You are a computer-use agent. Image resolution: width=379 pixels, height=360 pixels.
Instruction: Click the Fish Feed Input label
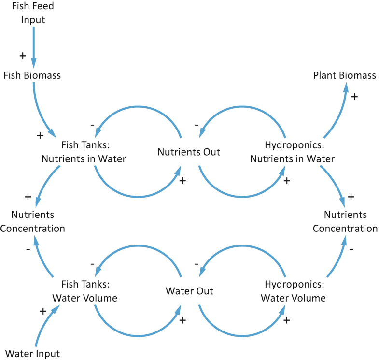point(33,13)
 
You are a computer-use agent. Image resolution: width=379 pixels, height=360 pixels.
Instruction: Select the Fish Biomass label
point(32,75)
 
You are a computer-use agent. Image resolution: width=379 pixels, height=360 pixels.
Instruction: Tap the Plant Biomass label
point(344,75)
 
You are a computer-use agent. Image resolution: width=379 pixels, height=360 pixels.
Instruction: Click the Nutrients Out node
point(189,152)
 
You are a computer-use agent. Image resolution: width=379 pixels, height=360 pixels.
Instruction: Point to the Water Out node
point(189,291)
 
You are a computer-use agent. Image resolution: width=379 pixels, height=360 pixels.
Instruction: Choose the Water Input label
point(33,354)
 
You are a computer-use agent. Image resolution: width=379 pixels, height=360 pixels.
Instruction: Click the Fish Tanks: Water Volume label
point(89,291)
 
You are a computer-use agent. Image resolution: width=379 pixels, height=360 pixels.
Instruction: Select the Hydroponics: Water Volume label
point(293,291)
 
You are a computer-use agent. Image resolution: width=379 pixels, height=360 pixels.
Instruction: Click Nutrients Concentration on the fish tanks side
point(32,221)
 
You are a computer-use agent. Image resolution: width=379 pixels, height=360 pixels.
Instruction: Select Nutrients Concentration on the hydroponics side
point(345,221)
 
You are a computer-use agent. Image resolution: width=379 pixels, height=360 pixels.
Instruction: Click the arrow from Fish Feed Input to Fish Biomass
point(33,46)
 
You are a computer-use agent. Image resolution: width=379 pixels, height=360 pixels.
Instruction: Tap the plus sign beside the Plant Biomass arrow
point(354,97)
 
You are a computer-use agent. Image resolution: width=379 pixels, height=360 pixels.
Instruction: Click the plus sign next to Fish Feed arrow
point(22,56)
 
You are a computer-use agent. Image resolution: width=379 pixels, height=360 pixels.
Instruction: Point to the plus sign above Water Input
point(42,311)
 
